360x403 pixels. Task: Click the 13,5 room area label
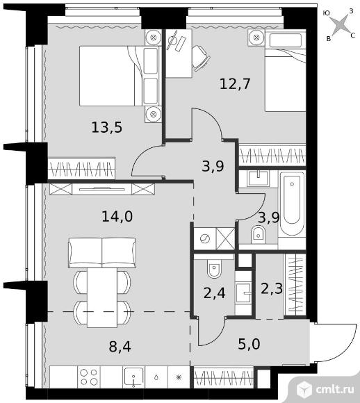tap(107, 127)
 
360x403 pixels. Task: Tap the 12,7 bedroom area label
tap(235, 84)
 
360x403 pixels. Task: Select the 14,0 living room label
tap(117, 216)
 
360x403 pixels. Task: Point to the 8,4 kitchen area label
tap(120, 347)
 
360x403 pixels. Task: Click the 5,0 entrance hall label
tap(249, 344)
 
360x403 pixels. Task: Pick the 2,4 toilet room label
tap(215, 293)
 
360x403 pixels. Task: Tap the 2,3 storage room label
tap(272, 288)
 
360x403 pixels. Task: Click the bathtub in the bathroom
tap(292, 204)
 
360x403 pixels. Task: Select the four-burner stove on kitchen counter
tap(89, 377)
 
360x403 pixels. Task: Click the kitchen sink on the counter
tap(133, 377)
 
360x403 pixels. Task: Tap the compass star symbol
tap(339, 25)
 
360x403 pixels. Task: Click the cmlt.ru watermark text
tap(335, 390)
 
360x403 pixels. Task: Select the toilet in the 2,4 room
tap(214, 269)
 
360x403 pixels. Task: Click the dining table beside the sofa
tap(102, 297)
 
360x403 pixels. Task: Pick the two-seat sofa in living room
tap(102, 253)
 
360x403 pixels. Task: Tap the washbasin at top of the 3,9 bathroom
tap(258, 179)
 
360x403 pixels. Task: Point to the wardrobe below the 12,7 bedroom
tap(272, 156)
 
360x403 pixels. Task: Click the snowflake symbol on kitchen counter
tap(179, 377)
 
